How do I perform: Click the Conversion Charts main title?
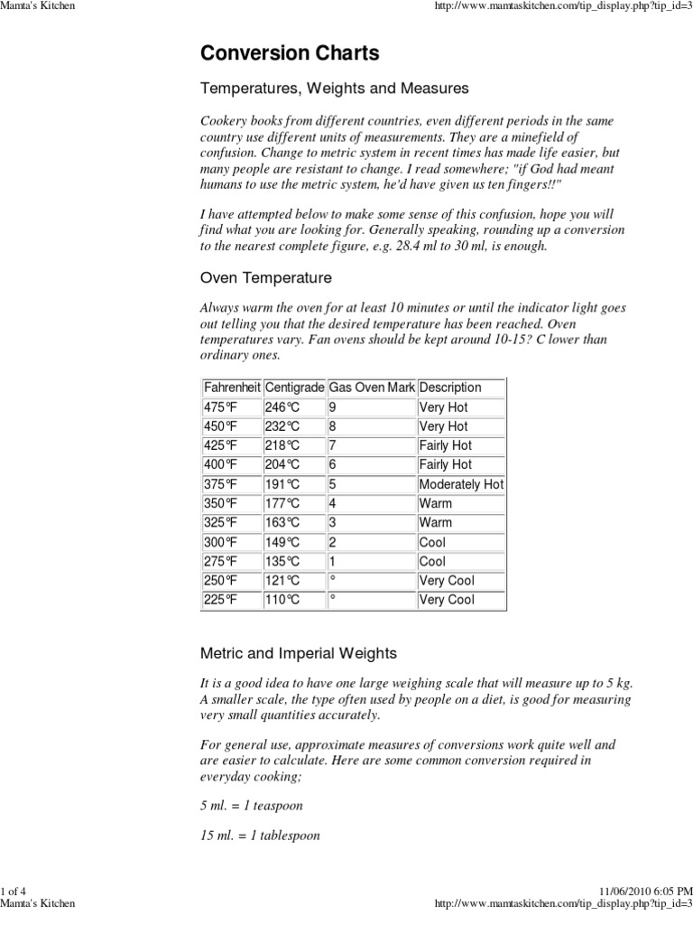point(290,53)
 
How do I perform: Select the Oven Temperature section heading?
point(265,277)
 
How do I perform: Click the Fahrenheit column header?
point(231,388)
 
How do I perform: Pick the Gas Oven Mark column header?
point(372,388)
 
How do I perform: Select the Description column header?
point(450,388)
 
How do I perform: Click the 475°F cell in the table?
point(221,407)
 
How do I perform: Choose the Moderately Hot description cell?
point(461,484)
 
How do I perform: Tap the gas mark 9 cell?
point(333,407)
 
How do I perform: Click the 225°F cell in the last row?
point(221,600)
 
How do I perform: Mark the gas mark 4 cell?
point(333,503)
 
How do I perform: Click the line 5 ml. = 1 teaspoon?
point(252,805)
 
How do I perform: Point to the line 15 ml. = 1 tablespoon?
point(260,836)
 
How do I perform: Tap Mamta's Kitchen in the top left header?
point(38,6)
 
